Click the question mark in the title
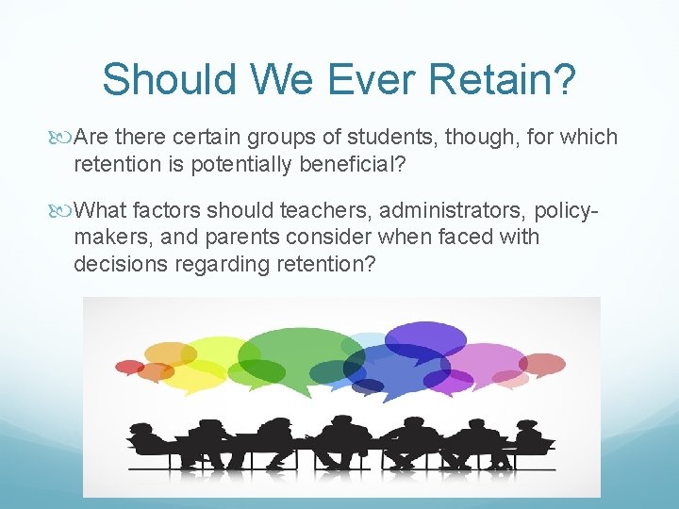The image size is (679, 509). click(564, 79)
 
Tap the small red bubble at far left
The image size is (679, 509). click(128, 367)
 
